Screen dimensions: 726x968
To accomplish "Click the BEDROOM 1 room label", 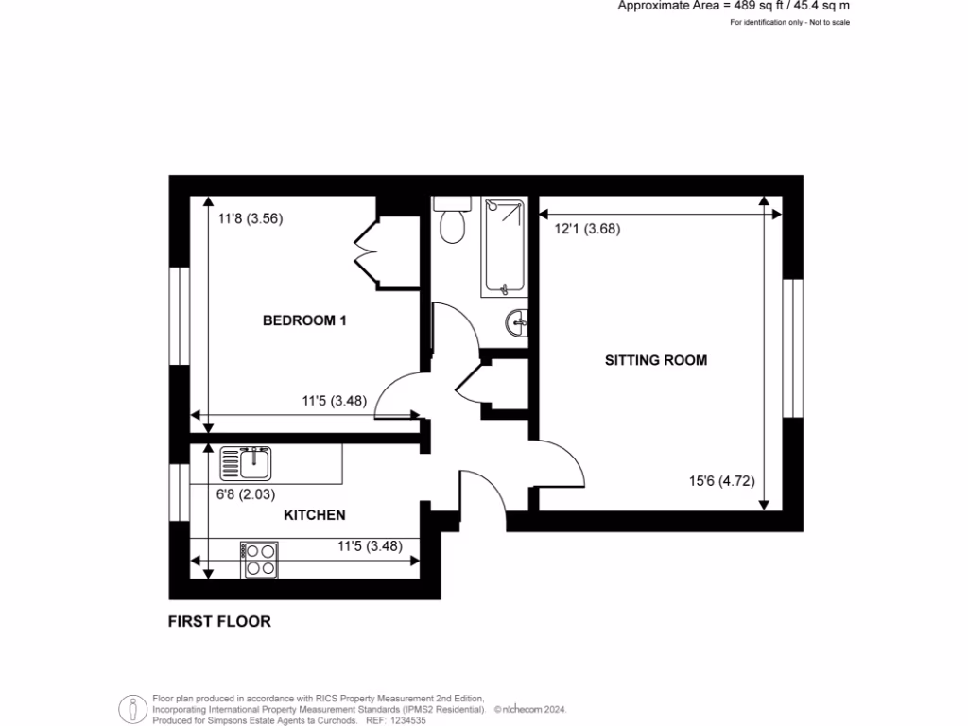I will click(x=303, y=320).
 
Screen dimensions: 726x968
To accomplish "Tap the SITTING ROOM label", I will click(x=656, y=360).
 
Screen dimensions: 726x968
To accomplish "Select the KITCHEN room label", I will click(x=315, y=515).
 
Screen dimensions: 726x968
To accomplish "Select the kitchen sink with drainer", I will click(x=246, y=464).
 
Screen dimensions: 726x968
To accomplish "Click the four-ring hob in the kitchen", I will click(x=259, y=560).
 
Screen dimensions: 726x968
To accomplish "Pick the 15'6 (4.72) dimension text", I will click(x=721, y=480).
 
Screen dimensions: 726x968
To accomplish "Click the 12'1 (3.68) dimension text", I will click(x=587, y=228).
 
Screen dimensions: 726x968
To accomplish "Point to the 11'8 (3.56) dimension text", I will click(x=251, y=218).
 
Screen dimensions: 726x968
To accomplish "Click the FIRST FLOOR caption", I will click(x=219, y=621).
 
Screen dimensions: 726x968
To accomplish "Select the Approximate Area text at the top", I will click(x=733, y=6).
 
